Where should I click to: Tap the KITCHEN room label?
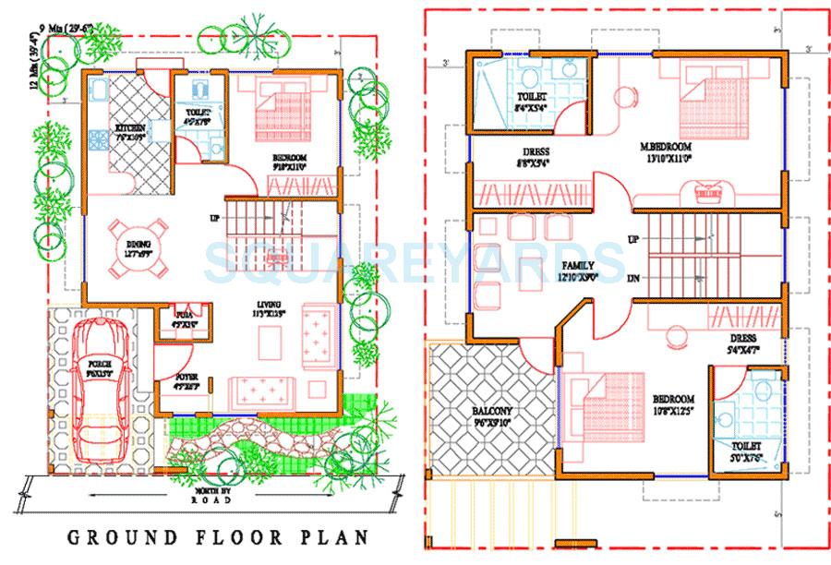[x=127, y=127]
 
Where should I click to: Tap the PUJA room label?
[x=185, y=316]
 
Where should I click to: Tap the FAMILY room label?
[x=577, y=265]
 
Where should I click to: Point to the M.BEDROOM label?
[x=668, y=147]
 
